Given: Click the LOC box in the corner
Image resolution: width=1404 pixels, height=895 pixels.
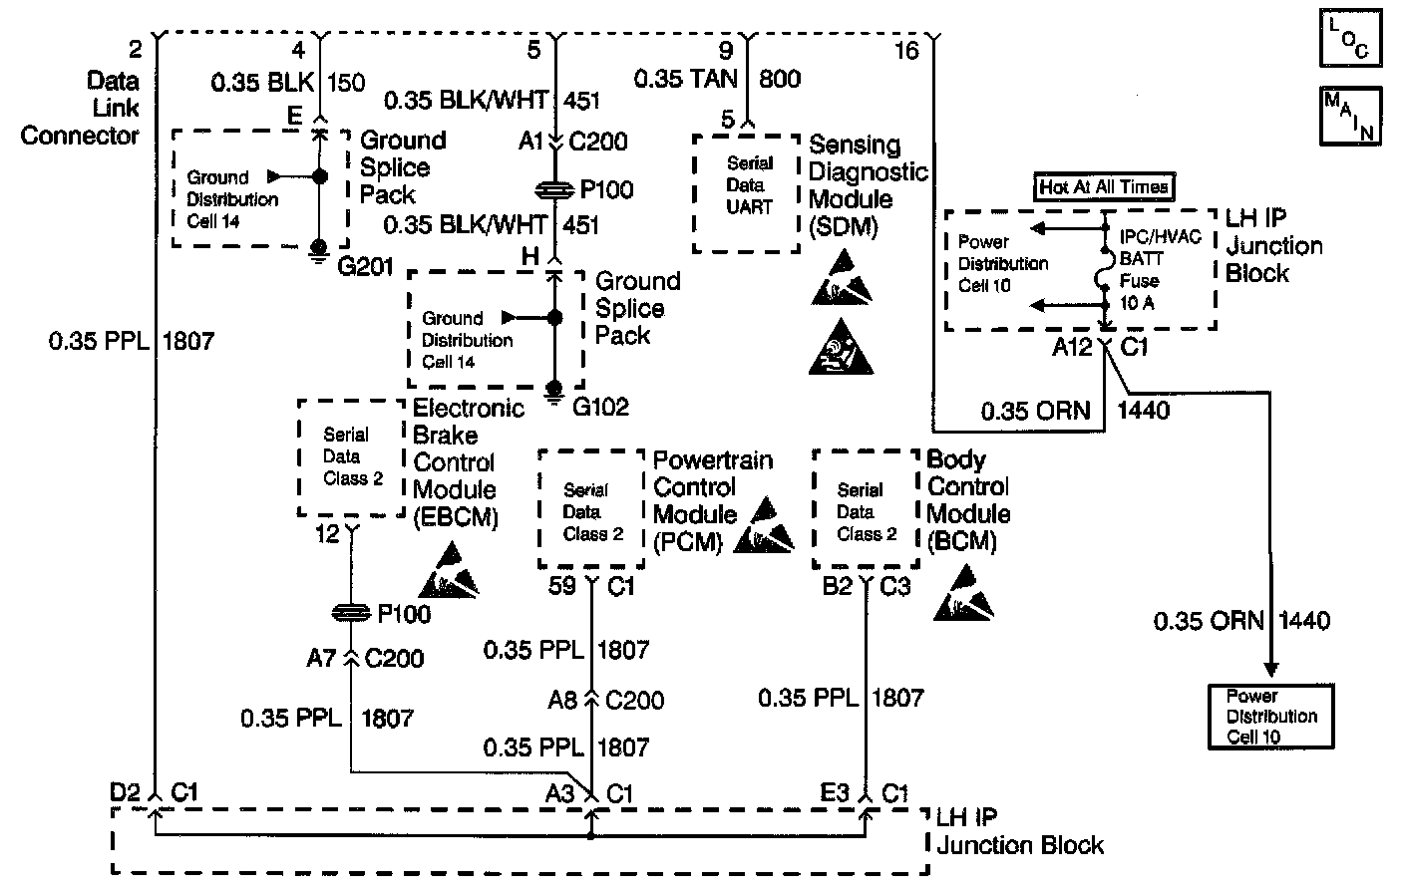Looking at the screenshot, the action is [x=1350, y=37].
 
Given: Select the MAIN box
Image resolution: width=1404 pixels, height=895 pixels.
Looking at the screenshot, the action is [x=1350, y=117].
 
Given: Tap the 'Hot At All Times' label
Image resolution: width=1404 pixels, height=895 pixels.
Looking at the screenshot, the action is [x=1104, y=186].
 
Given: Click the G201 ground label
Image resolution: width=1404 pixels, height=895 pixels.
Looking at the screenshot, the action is [x=365, y=267].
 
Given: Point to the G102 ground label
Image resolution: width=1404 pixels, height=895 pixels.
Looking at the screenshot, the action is [x=600, y=407].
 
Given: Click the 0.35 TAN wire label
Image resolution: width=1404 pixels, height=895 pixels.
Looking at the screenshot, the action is [x=686, y=79].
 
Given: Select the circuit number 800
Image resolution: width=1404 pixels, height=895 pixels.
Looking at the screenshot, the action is [x=780, y=79].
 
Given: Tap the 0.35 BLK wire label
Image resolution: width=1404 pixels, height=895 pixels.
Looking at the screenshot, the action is [x=262, y=82].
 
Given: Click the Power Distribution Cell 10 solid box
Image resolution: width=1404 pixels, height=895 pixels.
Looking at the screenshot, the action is [x=1270, y=717].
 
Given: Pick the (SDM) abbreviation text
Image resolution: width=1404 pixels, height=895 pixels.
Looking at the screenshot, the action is [x=843, y=226].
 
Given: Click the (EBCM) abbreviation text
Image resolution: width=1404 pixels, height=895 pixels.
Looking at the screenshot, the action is [x=456, y=518].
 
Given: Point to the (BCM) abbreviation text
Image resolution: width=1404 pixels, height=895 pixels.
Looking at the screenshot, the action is [x=961, y=541].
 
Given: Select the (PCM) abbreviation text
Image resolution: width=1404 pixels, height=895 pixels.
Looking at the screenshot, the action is [x=688, y=542].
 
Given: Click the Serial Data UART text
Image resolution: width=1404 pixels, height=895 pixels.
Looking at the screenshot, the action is [x=749, y=185].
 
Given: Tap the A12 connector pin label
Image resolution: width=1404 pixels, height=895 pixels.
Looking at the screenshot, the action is [x=1072, y=347].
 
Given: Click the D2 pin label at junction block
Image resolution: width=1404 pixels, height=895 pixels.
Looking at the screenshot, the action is [x=125, y=793].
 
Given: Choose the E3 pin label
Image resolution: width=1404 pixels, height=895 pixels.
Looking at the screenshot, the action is [x=835, y=793].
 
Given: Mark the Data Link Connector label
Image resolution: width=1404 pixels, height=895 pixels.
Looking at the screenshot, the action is [x=80, y=109].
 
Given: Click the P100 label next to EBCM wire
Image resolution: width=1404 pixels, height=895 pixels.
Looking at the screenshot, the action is [x=404, y=614].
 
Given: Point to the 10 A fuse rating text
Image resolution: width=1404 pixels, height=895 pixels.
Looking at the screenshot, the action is [x=1137, y=303].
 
